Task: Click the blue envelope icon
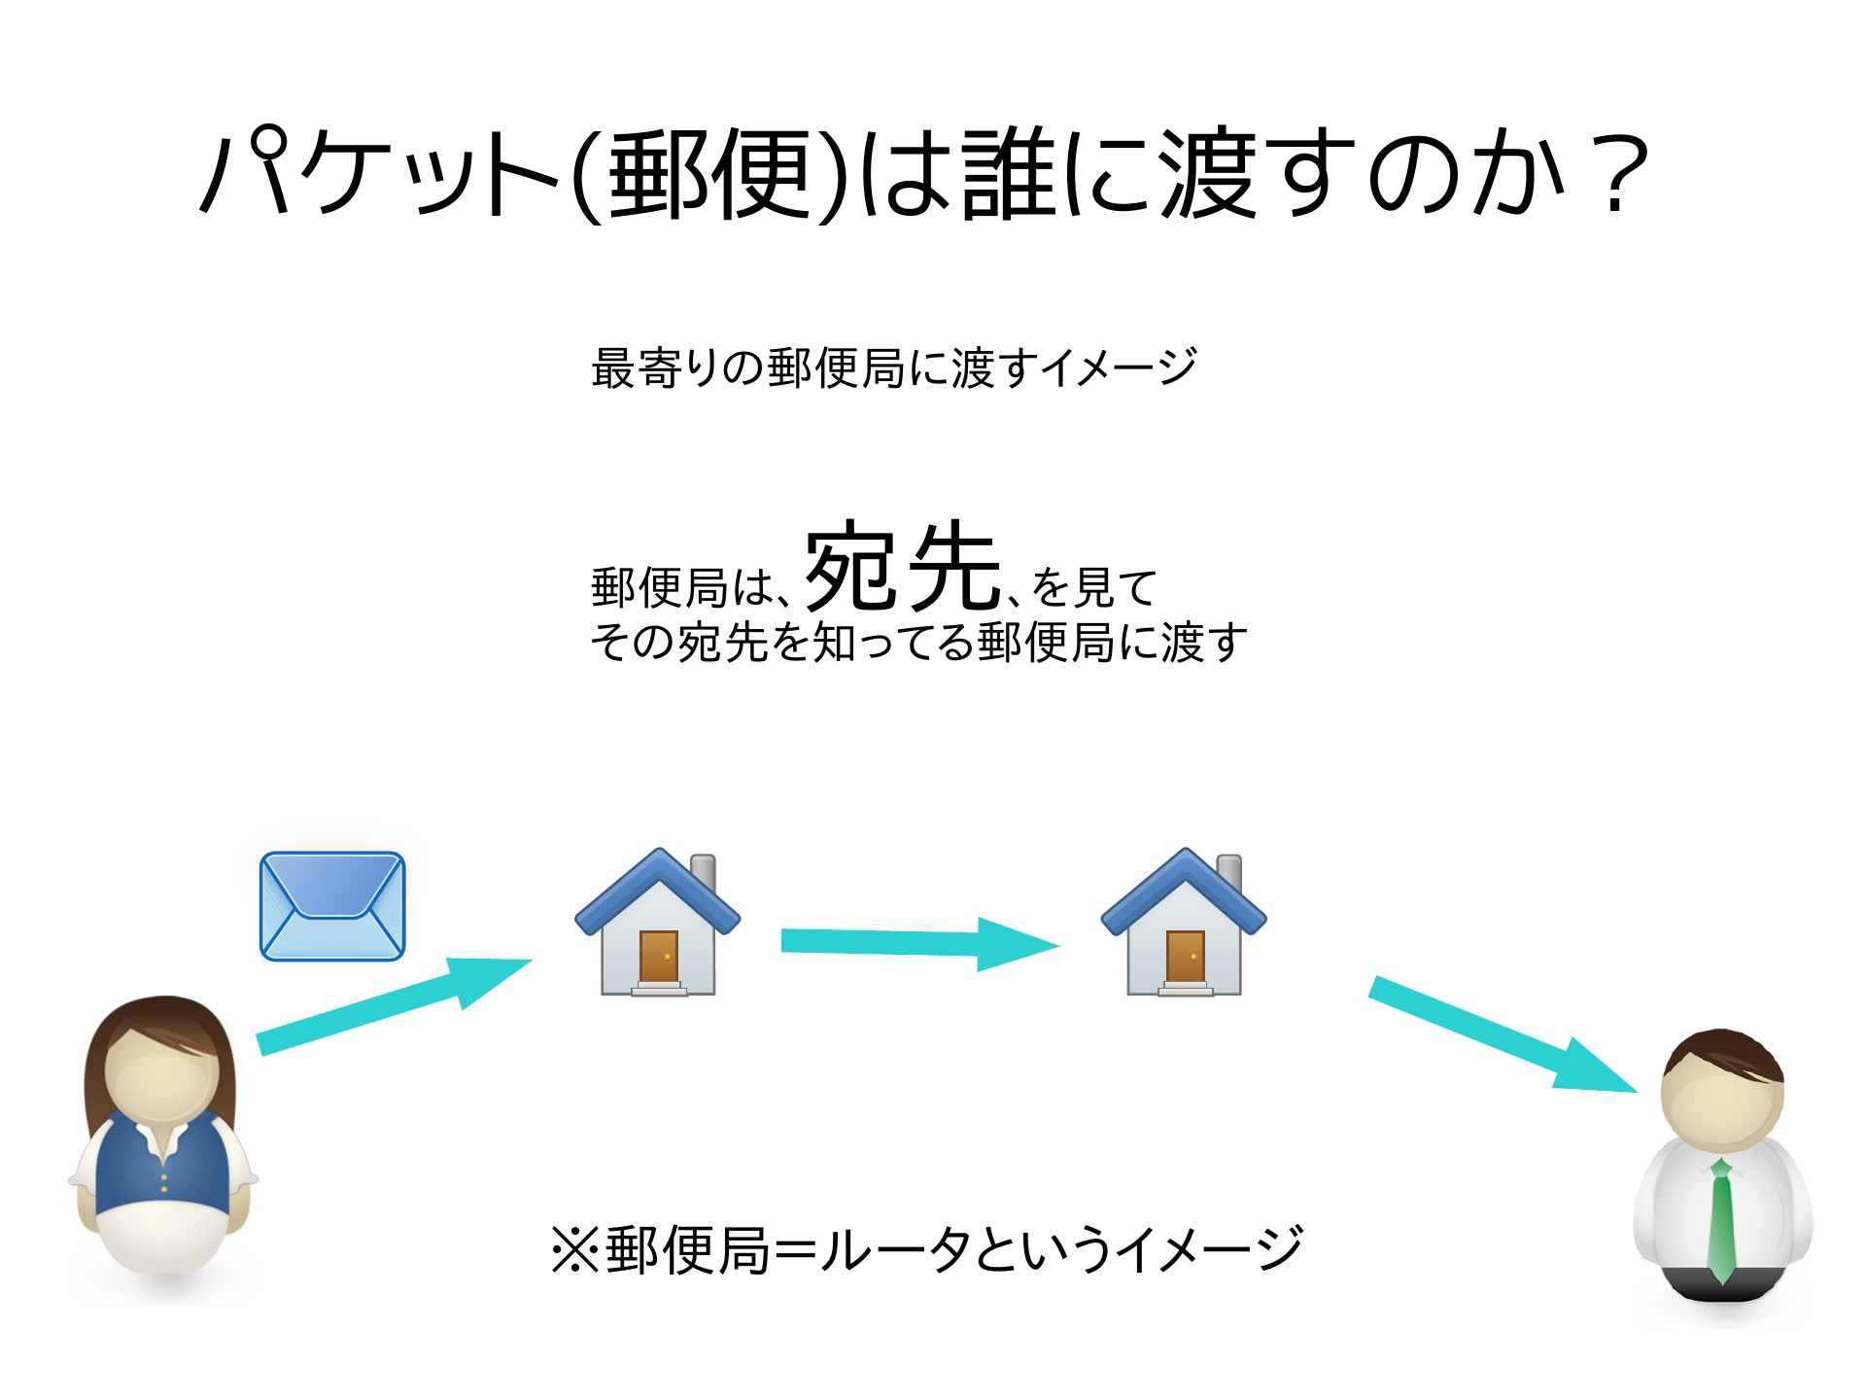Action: click(x=332, y=906)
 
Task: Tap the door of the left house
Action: click(x=659, y=958)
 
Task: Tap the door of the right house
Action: click(x=1185, y=958)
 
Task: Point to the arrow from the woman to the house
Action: click(x=394, y=1006)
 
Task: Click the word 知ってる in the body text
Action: click(x=891, y=642)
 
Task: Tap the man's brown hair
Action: click(x=1723, y=1057)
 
